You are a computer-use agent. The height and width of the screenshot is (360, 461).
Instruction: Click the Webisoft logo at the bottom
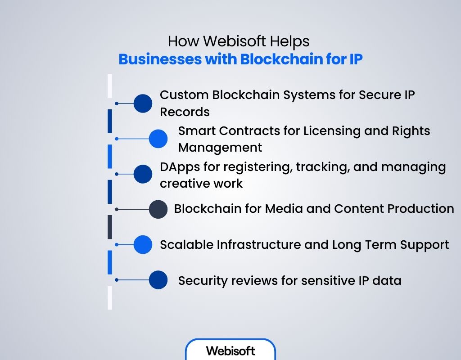230,351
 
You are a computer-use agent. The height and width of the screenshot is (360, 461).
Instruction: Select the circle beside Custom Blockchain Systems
143,103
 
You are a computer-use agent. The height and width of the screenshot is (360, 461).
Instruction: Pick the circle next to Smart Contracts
158,139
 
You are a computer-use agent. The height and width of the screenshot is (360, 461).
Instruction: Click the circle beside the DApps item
143,174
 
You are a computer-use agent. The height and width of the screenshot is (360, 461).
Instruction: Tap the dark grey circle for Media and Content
158,209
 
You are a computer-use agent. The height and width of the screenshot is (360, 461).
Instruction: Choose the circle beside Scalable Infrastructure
143,245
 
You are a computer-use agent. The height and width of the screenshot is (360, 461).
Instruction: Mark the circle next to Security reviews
158,280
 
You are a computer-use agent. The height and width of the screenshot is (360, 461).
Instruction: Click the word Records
185,112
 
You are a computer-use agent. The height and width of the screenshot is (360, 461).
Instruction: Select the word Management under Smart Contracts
220,147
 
